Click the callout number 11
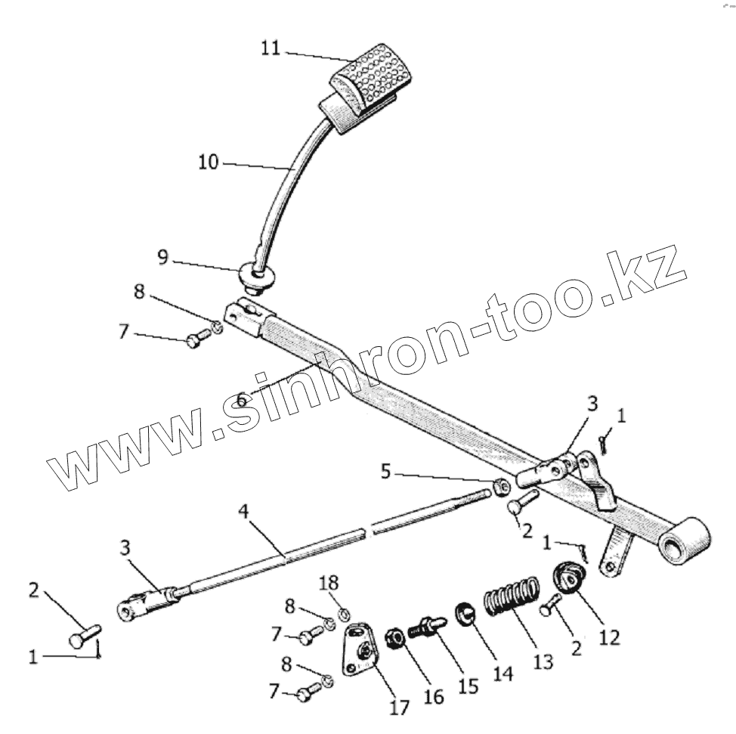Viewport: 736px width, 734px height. point(270,48)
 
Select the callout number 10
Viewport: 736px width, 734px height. point(209,162)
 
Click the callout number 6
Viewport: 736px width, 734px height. point(240,400)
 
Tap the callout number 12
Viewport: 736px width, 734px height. point(608,637)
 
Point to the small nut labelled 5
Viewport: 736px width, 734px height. point(499,488)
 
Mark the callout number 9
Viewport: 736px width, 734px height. point(163,257)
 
